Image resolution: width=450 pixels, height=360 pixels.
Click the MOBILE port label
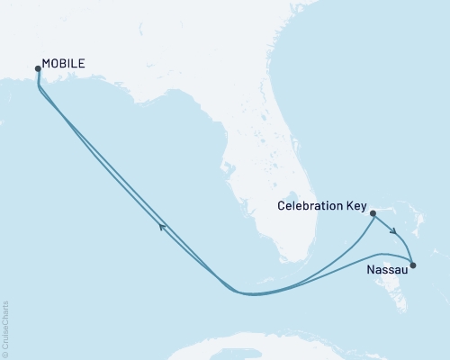[x=65, y=65]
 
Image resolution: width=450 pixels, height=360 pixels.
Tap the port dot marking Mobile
[x=37, y=68]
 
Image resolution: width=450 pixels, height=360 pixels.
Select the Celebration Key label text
[x=322, y=206]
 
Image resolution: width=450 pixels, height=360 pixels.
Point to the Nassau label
[x=388, y=268]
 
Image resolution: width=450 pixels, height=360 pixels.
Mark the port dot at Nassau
[x=413, y=265]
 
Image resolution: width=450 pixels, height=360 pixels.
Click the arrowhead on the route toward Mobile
[x=163, y=228]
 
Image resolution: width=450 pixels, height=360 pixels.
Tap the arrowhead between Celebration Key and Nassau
[x=394, y=232]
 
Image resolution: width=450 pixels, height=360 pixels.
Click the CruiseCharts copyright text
[x=5, y=329]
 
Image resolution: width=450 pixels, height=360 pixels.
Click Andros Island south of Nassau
[x=396, y=292]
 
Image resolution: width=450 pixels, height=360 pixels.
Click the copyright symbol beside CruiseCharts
[x=5, y=355]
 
